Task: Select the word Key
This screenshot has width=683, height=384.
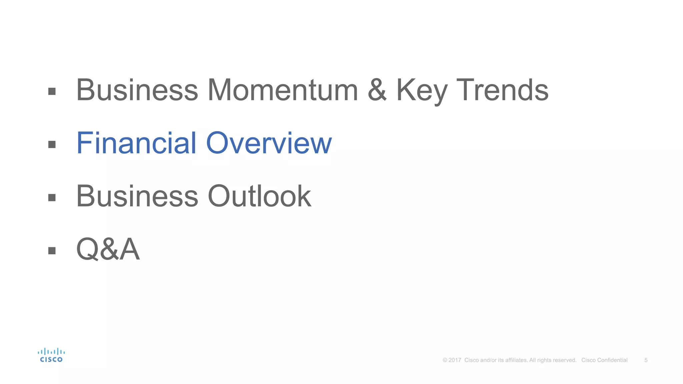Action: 422,91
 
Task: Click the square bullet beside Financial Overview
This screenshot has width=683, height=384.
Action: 52,144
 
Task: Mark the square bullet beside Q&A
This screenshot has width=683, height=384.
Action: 52,250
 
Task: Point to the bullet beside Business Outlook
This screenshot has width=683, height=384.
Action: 52,198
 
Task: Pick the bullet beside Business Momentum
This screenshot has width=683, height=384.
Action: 52,91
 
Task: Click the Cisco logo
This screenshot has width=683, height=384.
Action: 51,355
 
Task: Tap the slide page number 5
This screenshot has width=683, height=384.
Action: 646,360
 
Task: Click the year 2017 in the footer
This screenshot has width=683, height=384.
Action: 455,360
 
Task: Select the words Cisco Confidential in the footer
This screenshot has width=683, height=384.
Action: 604,360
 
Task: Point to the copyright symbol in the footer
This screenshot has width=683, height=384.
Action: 445,360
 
